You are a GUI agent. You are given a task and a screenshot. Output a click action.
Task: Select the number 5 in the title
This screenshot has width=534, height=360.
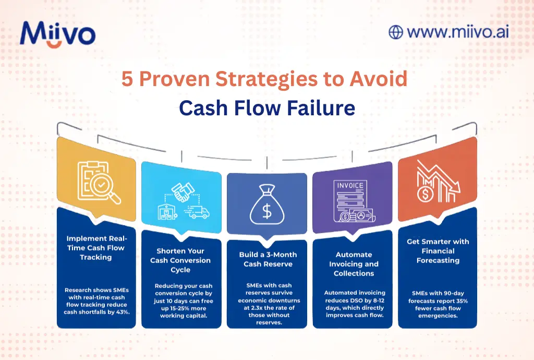click(x=127, y=79)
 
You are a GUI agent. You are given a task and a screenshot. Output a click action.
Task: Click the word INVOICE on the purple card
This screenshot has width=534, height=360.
click(x=350, y=185)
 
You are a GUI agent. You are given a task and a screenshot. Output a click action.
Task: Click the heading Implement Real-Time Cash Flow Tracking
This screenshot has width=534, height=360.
click(x=96, y=247)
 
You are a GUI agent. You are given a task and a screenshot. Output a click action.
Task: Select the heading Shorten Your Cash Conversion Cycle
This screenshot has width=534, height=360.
click(x=181, y=260)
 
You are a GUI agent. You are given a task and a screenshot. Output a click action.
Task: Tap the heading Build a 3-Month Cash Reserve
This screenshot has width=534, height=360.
click(x=267, y=259)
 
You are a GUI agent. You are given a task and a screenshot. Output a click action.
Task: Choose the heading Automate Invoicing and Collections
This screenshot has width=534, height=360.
click(x=354, y=264)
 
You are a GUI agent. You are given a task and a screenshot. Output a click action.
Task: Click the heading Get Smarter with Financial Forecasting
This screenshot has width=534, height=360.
click(x=438, y=251)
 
